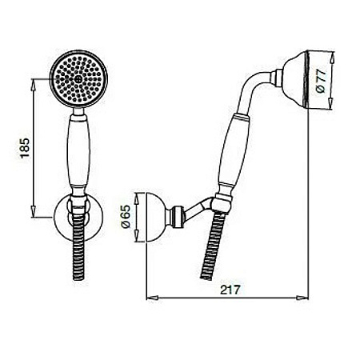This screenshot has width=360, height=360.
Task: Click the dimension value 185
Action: [x=24, y=147]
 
